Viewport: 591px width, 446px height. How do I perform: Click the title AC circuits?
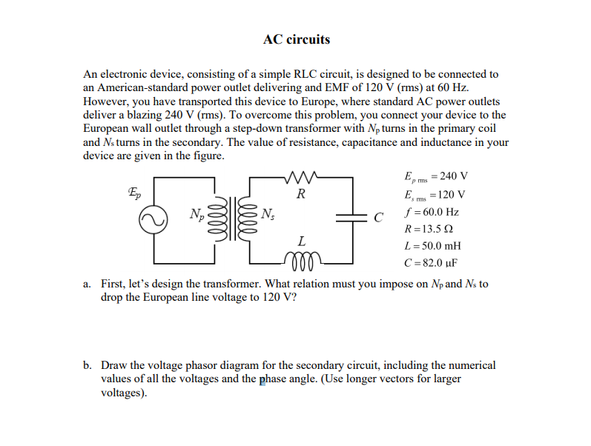pyautogui.click(x=297, y=39)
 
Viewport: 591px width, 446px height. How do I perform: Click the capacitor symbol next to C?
pyautogui.click(x=350, y=218)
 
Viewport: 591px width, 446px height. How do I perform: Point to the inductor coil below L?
pyautogui.click(x=300, y=261)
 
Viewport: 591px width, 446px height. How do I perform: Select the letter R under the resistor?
pyautogui.click(x=300, y=196)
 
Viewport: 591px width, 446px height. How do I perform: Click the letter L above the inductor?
pyautogui.click(x=300, y=242)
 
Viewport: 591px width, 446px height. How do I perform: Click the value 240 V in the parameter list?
pyautogui.click(x=454, y=176)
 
